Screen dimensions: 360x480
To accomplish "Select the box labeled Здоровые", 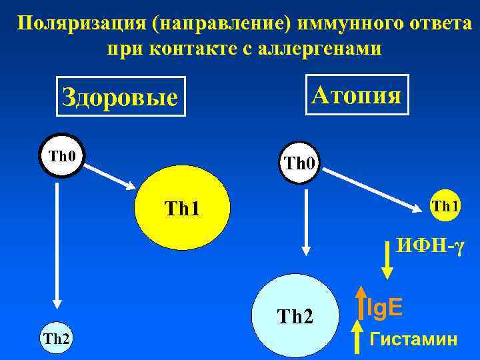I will pos(119,97).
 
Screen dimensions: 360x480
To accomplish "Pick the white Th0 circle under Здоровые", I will pos(62,157).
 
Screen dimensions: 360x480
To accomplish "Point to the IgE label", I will pos(385,307).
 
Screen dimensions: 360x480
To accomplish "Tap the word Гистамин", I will pos(413,339).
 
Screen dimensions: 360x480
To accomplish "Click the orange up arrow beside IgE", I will pos(360,305).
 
